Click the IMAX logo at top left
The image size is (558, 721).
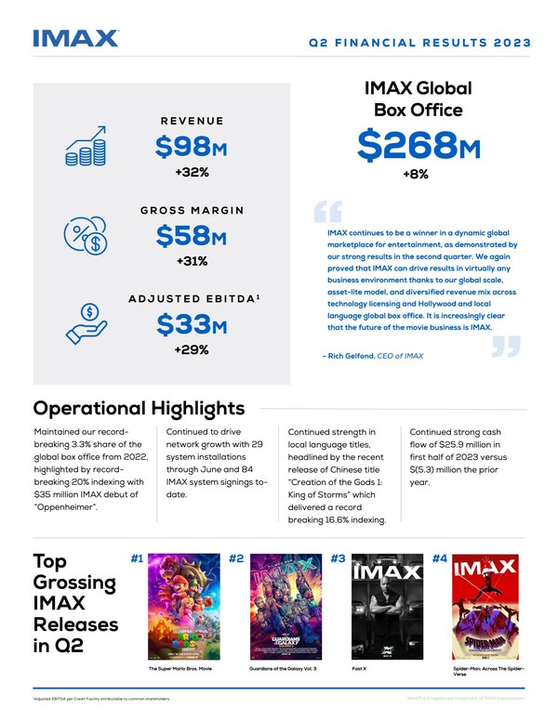point(75,38)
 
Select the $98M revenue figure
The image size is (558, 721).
point(192,148)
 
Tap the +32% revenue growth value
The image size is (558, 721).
point(192,173)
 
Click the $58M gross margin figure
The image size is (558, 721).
point(192,236)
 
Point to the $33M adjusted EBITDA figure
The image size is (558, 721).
point(192,325)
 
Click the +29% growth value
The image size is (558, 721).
point(192,350)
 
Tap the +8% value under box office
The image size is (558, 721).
point(416,175)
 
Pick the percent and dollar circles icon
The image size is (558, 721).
point(85,237)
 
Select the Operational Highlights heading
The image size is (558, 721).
point(139,409)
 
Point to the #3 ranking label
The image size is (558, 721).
point(339,559)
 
